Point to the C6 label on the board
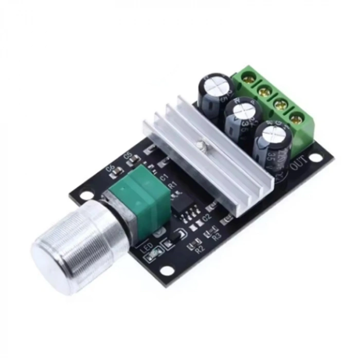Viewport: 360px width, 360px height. coord(109,168)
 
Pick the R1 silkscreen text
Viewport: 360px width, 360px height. coord(173,185)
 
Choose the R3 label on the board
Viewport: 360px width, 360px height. coord(216,237)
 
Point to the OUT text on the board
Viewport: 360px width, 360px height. coord(299,166)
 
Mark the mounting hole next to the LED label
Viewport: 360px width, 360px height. coord(166,270)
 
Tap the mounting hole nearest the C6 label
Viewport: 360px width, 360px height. coord(86,195)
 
